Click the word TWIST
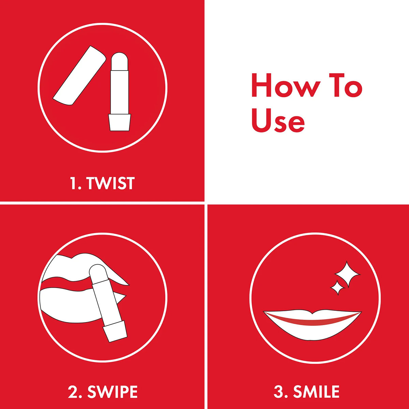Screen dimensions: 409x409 click(x=110, y=183)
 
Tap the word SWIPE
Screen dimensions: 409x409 click(x=112, y=392)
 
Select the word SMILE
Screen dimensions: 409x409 click(x=316, y=392)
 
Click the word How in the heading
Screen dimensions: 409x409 click(x=286, y=85)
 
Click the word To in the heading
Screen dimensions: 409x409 click(x=346, y=85)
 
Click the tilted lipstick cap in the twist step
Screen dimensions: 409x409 click(x=79, y=75)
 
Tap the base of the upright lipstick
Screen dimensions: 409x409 click(x=120, y=122)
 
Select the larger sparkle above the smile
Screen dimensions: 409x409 click(x=347, y=274)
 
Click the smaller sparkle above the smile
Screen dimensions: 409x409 click(x=338, y=288)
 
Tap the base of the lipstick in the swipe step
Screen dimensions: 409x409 click(x=115, y=331)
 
